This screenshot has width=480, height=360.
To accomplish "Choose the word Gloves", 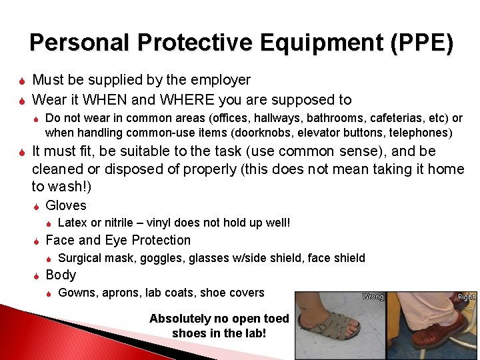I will tap(66, 205).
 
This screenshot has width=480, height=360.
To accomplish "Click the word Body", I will tap(61, 275).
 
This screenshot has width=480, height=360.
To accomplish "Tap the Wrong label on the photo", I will tap(373, 297).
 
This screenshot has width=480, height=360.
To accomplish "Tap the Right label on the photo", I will tap(467, 297).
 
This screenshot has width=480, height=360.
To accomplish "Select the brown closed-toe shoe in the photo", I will tap(441, 330).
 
